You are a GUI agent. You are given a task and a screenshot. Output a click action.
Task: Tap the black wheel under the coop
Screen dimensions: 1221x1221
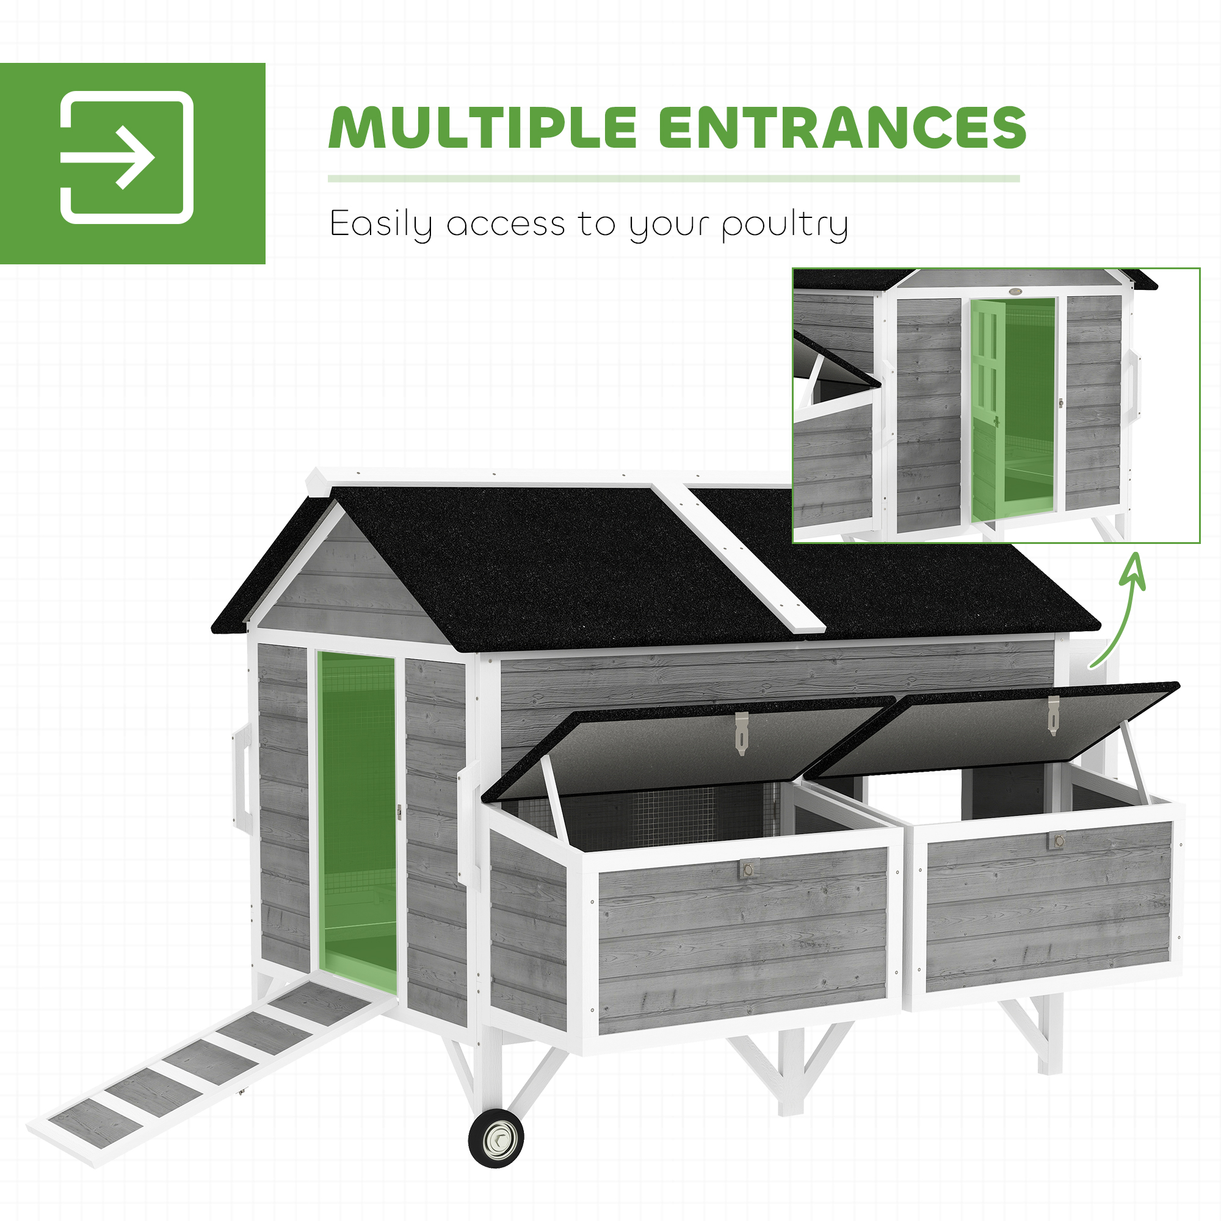(x=496, y=1137)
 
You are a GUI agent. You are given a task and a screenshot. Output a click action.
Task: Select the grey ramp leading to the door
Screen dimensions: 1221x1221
(x=209, y=1068)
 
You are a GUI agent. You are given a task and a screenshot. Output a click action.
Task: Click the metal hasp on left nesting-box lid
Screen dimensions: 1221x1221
(x=742, y=733)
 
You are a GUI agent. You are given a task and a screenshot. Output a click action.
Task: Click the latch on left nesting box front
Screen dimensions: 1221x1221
(x=748, y=869)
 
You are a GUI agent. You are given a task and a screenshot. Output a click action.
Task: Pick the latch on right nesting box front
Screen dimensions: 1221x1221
(x=1057, y=841)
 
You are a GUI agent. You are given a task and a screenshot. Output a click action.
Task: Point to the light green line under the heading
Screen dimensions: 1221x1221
(x=673, y=179)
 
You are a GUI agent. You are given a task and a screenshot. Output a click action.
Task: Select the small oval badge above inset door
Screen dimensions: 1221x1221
(x=1016, y=291)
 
